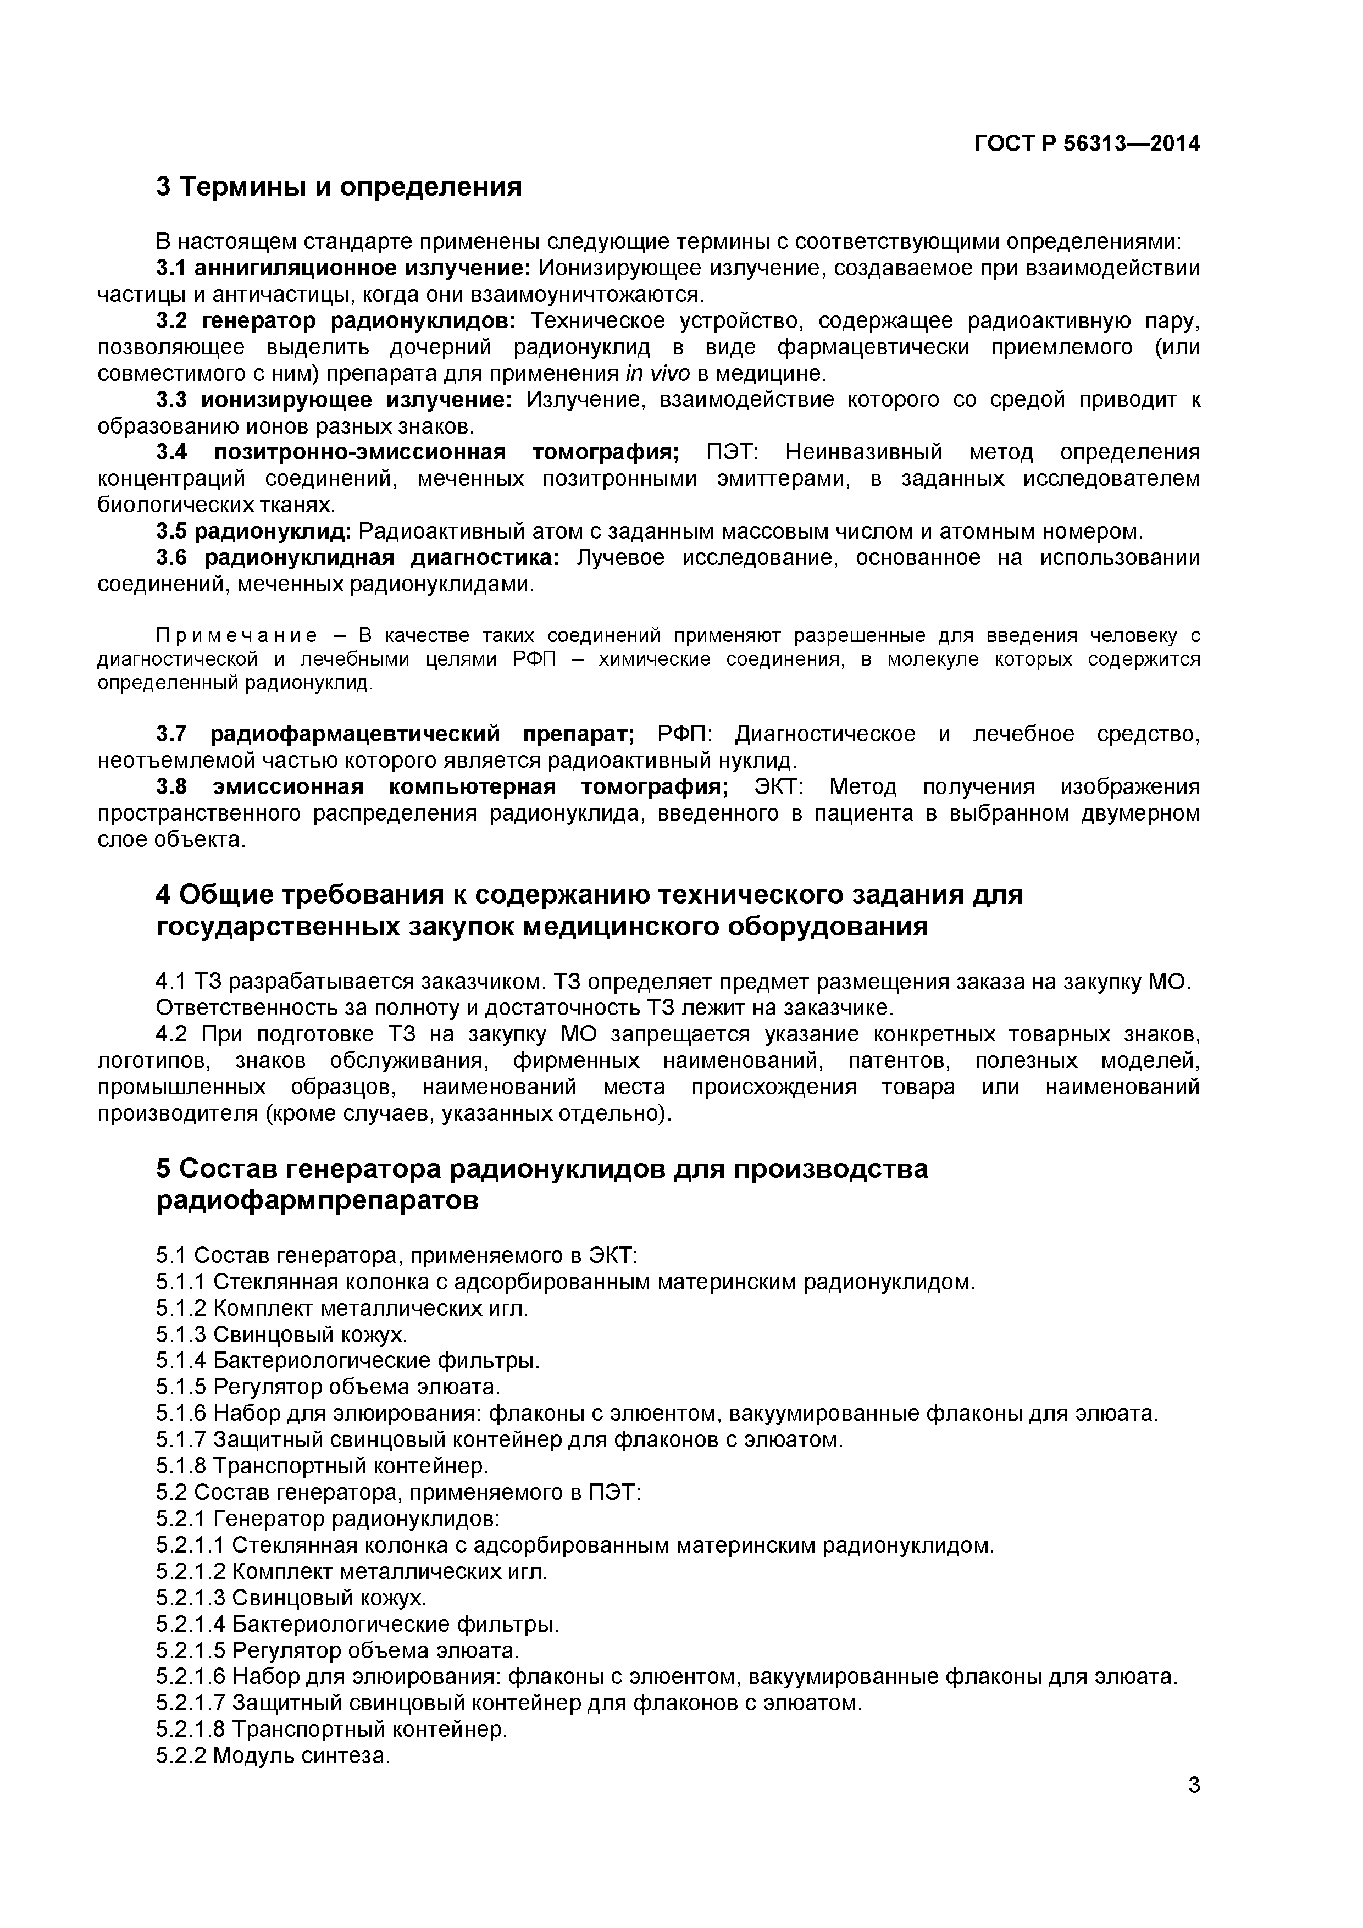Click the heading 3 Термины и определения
[339, 186]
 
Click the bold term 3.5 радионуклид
[253, 531]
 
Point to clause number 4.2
[174, 1034]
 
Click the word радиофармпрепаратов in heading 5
[318, 1201]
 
